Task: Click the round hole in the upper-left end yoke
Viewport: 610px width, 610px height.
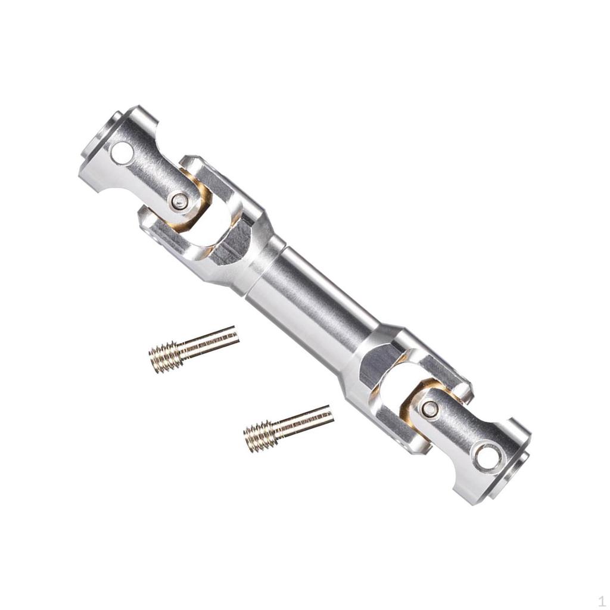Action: tap(122, 153)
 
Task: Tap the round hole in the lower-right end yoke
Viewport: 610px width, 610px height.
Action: tap(486, 456)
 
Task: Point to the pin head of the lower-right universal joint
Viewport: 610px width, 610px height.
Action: tap(429, 409)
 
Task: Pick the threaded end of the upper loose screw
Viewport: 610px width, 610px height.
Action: tap(164, 357)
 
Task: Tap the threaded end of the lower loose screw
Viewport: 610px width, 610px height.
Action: tap(260, 437)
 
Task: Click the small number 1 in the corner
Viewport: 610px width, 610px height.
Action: tap(601, 601)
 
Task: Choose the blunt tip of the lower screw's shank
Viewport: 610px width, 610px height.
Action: tap(331, 413)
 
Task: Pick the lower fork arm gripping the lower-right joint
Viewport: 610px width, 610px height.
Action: tap(393, 429)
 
